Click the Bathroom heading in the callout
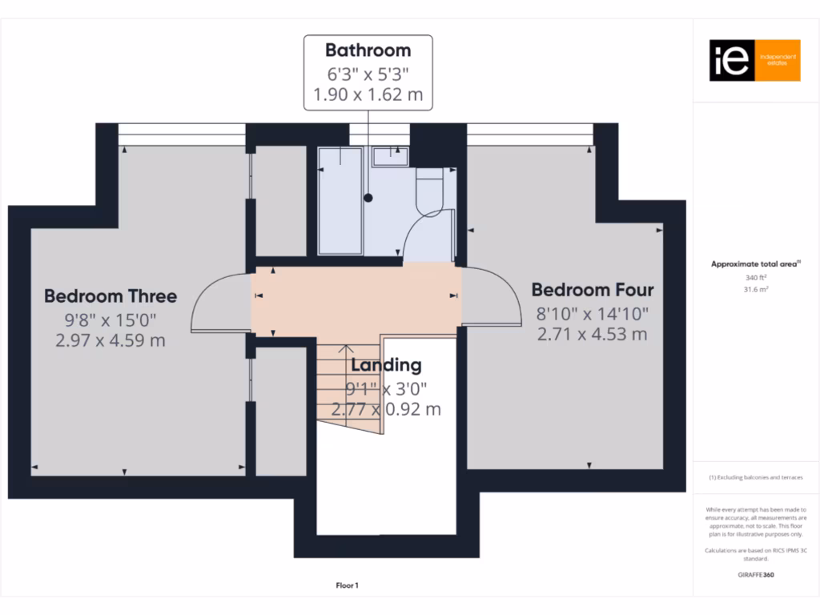(368, 50)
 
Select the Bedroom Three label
(111, 295)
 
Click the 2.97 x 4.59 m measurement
(111, 340)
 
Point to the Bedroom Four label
(593, 290)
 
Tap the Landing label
(386, 365)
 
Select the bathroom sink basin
(392, 154)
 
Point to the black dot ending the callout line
(368, 197)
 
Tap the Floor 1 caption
(347, 586)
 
